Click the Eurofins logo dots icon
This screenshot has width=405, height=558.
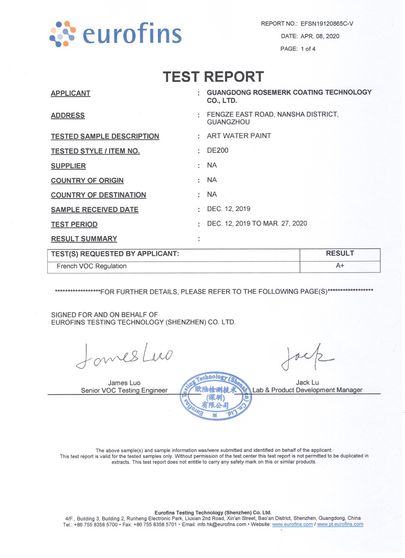click(62, 34)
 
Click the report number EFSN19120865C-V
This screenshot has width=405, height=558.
click(326, 24)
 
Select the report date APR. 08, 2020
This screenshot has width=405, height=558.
click(320, 36)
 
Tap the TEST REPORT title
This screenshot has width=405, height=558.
click(213, 77)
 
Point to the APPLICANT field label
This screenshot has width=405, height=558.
click(70, 94)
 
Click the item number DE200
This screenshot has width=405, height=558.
click(217, 150)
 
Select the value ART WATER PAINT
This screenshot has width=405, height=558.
click(239, 136)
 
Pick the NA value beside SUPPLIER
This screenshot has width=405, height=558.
click(212, 165)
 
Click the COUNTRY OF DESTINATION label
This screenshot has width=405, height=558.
click(98, 195)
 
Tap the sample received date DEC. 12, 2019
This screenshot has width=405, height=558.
click(228, 209)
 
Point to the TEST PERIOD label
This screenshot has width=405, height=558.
click(74, 225)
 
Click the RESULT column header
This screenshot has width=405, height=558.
click(340, 253)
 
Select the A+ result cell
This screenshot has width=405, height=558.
click(340, 266)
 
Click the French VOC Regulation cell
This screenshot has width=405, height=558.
click(92, 266)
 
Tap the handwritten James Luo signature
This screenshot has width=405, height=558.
click(124, 356)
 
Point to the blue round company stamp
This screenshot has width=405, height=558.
click(215, 395)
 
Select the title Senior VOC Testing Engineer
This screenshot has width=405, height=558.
click(124, 391)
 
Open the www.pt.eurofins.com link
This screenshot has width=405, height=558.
click(340, 524)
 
